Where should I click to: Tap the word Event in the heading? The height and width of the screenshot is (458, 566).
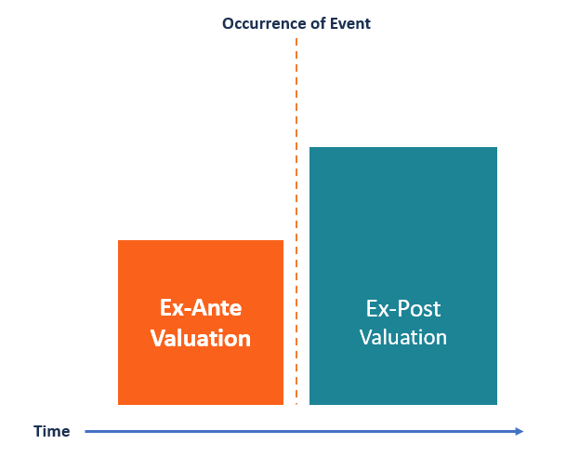click(x=348, y=23)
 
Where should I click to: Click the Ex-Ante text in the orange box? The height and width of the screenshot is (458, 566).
click(x=200, y=308)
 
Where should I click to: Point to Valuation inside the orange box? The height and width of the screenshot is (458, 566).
click(x=201, y=338)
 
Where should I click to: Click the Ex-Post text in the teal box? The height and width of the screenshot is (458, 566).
click(x=402, y=308)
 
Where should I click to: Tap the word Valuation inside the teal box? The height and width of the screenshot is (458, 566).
click(x=402, y=337)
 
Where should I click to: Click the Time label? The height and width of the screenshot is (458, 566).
click(x=51, y=432)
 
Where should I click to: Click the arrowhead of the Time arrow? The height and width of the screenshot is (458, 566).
click(x=520, y=431)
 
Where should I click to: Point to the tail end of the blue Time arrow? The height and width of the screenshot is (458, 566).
click(x=86, y=431)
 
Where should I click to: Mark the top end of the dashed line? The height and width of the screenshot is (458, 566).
click(x=296, y=40)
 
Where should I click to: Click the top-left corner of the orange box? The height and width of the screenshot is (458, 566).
click(x=119, y=241)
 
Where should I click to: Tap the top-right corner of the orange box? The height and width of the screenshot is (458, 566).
click(x=283, y=241)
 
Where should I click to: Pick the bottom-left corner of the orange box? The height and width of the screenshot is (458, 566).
click(x=119, y=404)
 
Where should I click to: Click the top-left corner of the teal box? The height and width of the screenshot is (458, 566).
click(x=310, y=148)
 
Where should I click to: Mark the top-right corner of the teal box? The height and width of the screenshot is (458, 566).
click(x=496, y=148)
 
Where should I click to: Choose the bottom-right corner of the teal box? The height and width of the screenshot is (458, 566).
click(x=496, y=404)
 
